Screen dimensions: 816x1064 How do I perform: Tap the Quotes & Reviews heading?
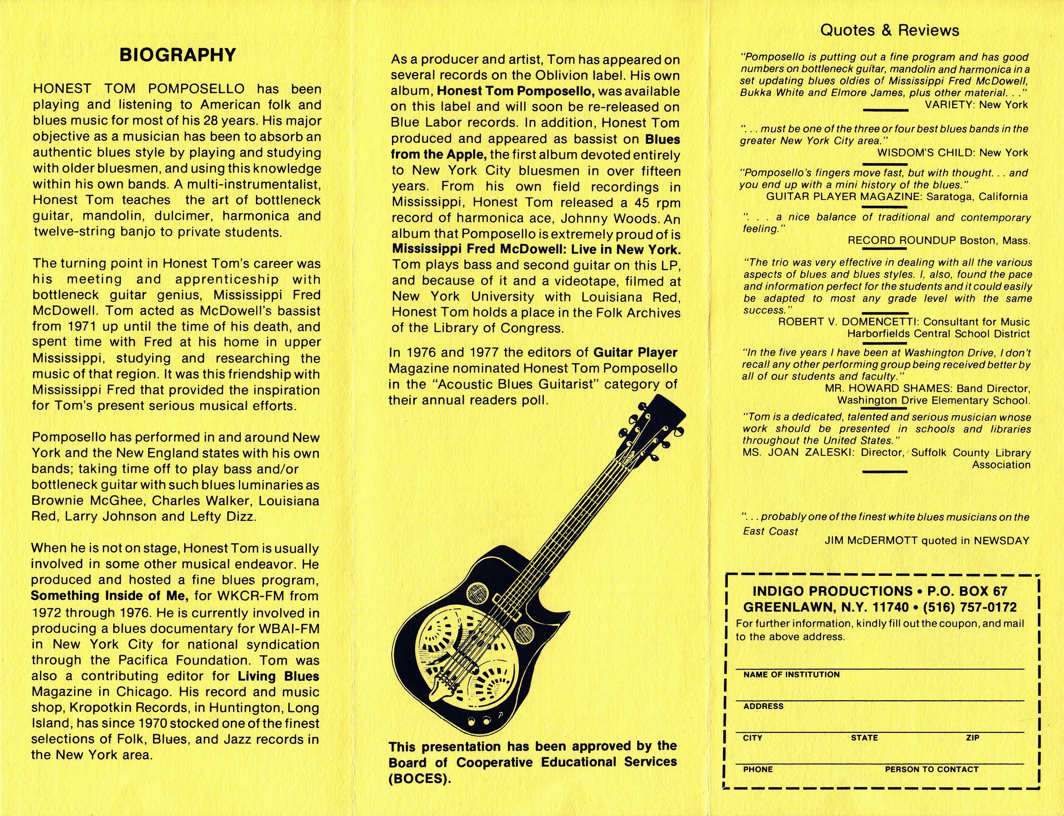point(890,31)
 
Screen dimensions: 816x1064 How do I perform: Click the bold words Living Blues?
point(278,676)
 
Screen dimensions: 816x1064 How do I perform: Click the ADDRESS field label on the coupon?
point(763,706)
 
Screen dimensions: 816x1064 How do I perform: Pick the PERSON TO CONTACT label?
point(932,769)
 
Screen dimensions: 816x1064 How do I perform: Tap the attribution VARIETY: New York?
point(976,104)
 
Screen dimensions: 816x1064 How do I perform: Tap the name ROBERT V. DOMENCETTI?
point(848,322)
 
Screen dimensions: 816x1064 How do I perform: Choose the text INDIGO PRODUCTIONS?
point(832,592)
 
